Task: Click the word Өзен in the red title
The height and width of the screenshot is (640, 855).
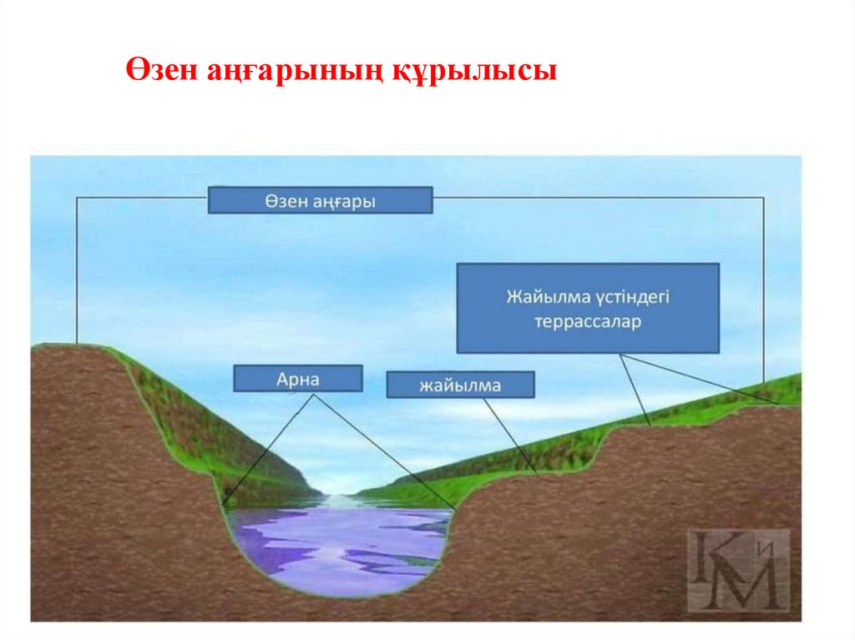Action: [160, 70]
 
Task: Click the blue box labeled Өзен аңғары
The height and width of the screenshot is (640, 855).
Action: [320, 200]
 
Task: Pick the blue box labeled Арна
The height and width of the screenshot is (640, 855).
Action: [298, 378]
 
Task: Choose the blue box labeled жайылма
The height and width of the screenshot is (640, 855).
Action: [460, 385]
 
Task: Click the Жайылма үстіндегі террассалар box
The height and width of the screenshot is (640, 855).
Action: [588, 308]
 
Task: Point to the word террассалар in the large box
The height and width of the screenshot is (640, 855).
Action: [588, 321]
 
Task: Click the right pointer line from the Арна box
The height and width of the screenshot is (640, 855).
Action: [384, 451]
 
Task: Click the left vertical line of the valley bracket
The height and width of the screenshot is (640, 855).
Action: [78, 267]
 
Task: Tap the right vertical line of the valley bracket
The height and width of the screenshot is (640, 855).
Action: [763, 284]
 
